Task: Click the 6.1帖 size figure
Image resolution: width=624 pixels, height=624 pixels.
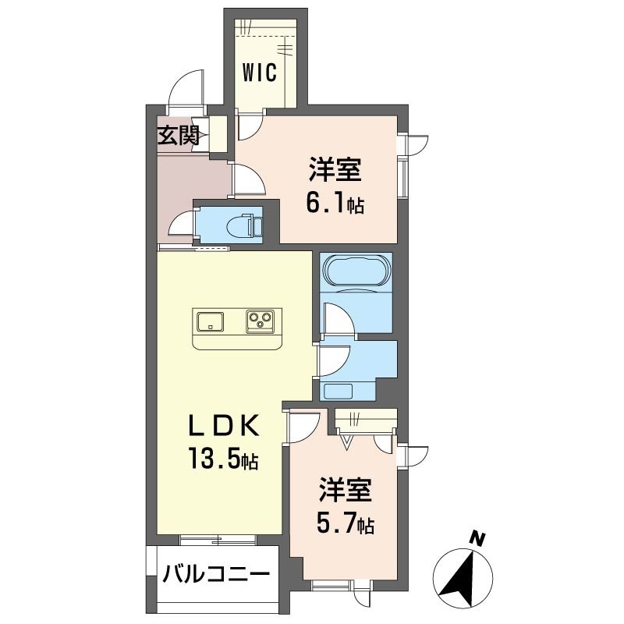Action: pos(334,204)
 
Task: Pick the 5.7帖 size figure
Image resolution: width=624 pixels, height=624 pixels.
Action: pos(344,524)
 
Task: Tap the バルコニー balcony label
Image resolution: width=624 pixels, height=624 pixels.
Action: pos(216,576)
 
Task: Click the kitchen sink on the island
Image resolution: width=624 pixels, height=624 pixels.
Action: pos(210,321)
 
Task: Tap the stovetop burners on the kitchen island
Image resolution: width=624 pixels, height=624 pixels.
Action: pos(260,321)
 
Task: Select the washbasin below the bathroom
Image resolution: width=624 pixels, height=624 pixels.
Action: pos(339,391)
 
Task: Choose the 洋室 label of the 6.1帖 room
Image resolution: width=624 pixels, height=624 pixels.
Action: pos(334,171)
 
